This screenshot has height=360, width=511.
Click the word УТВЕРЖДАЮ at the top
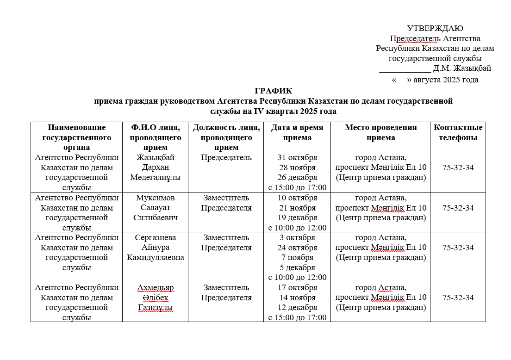click(435, 29)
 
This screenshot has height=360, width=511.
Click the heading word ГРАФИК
click(273, 91)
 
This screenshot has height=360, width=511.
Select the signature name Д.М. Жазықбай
click(462, 68)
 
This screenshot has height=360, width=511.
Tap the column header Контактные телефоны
click(458, 132)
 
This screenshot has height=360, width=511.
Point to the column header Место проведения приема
click(380, 132)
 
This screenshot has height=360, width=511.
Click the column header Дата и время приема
click(297, 132)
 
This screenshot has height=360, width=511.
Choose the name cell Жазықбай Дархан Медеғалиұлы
click(155, 167)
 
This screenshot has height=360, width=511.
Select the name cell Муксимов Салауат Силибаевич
click(155, 207)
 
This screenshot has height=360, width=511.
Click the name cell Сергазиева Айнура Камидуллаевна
click(155, 248)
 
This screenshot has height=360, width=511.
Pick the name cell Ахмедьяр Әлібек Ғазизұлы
click(155, 298)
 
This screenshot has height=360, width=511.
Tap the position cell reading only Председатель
click(226, 157)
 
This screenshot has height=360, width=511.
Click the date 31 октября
click(297, 157)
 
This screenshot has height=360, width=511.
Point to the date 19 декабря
click(297, 217)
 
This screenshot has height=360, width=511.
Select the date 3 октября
click(297, 238)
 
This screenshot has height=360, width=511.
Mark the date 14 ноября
click(297, 298)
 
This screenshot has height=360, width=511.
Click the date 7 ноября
click(297, 258)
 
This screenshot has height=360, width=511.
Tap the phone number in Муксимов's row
click(458, 208)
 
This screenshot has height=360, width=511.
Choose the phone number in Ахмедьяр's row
click(458, 298)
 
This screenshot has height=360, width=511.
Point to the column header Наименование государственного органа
click(76, 137)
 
